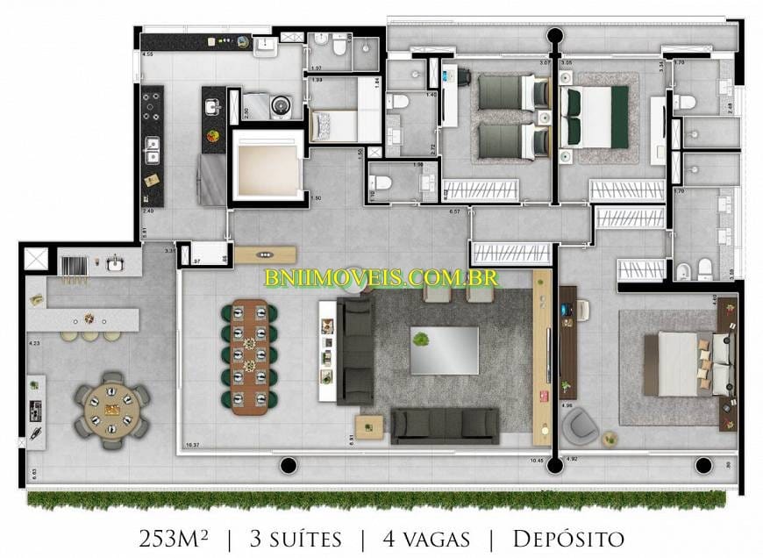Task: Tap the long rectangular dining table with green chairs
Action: click(249, 356)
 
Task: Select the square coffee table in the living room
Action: click(444, 350)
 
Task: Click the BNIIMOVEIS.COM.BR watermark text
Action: click(381, 278)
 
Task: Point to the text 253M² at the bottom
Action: click(174, 537)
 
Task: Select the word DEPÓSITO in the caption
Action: click(567, 537)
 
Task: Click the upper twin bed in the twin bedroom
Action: click(510, 91)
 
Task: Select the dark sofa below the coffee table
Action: click(445, 425)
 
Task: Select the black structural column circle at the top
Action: click(554, 36)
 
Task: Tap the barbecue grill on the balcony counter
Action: click(73, 263)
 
